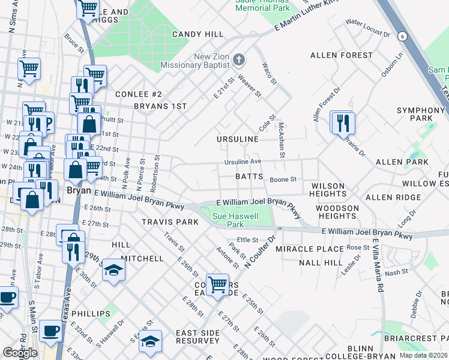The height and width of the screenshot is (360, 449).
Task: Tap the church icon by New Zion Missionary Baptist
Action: pyautogui.click(x=239, y=59)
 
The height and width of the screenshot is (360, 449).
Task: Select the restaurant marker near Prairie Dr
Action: pyautogui.click(x=343, y=123)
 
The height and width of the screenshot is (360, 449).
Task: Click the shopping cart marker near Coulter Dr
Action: pyautogui.click(x=217, y=284)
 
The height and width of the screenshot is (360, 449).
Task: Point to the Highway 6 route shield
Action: pyautogui.click(x=402, y=37)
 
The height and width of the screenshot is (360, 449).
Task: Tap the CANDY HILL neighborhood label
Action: pyautogui.click(x=197, y=34)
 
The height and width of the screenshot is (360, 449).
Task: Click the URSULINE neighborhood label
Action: pyautogui.click(x=238, y=139)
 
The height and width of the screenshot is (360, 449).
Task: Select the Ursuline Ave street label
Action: pyautogui.click(x=243, y=162)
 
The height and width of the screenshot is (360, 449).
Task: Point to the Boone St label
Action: pyautogui.click(x=283, y=179)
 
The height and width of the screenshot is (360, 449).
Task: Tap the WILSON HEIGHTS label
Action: pyautogui.click(x=328, y=190)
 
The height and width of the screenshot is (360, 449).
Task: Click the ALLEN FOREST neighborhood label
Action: pyautogui.click(x=342, y=55)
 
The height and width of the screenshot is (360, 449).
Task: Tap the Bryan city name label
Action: pyautogui.click(x=78, y=189)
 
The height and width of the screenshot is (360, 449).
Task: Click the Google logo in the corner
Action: pyautogui.click(x=20, y=353)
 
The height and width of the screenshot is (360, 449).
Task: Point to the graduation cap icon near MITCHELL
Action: pyautogui.click(x=112, y=271)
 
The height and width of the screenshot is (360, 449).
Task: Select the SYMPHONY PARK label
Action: pyautogui.click(x=420, y=114)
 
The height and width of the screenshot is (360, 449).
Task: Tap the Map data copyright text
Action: pyautogui.click(x=423, y=355)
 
